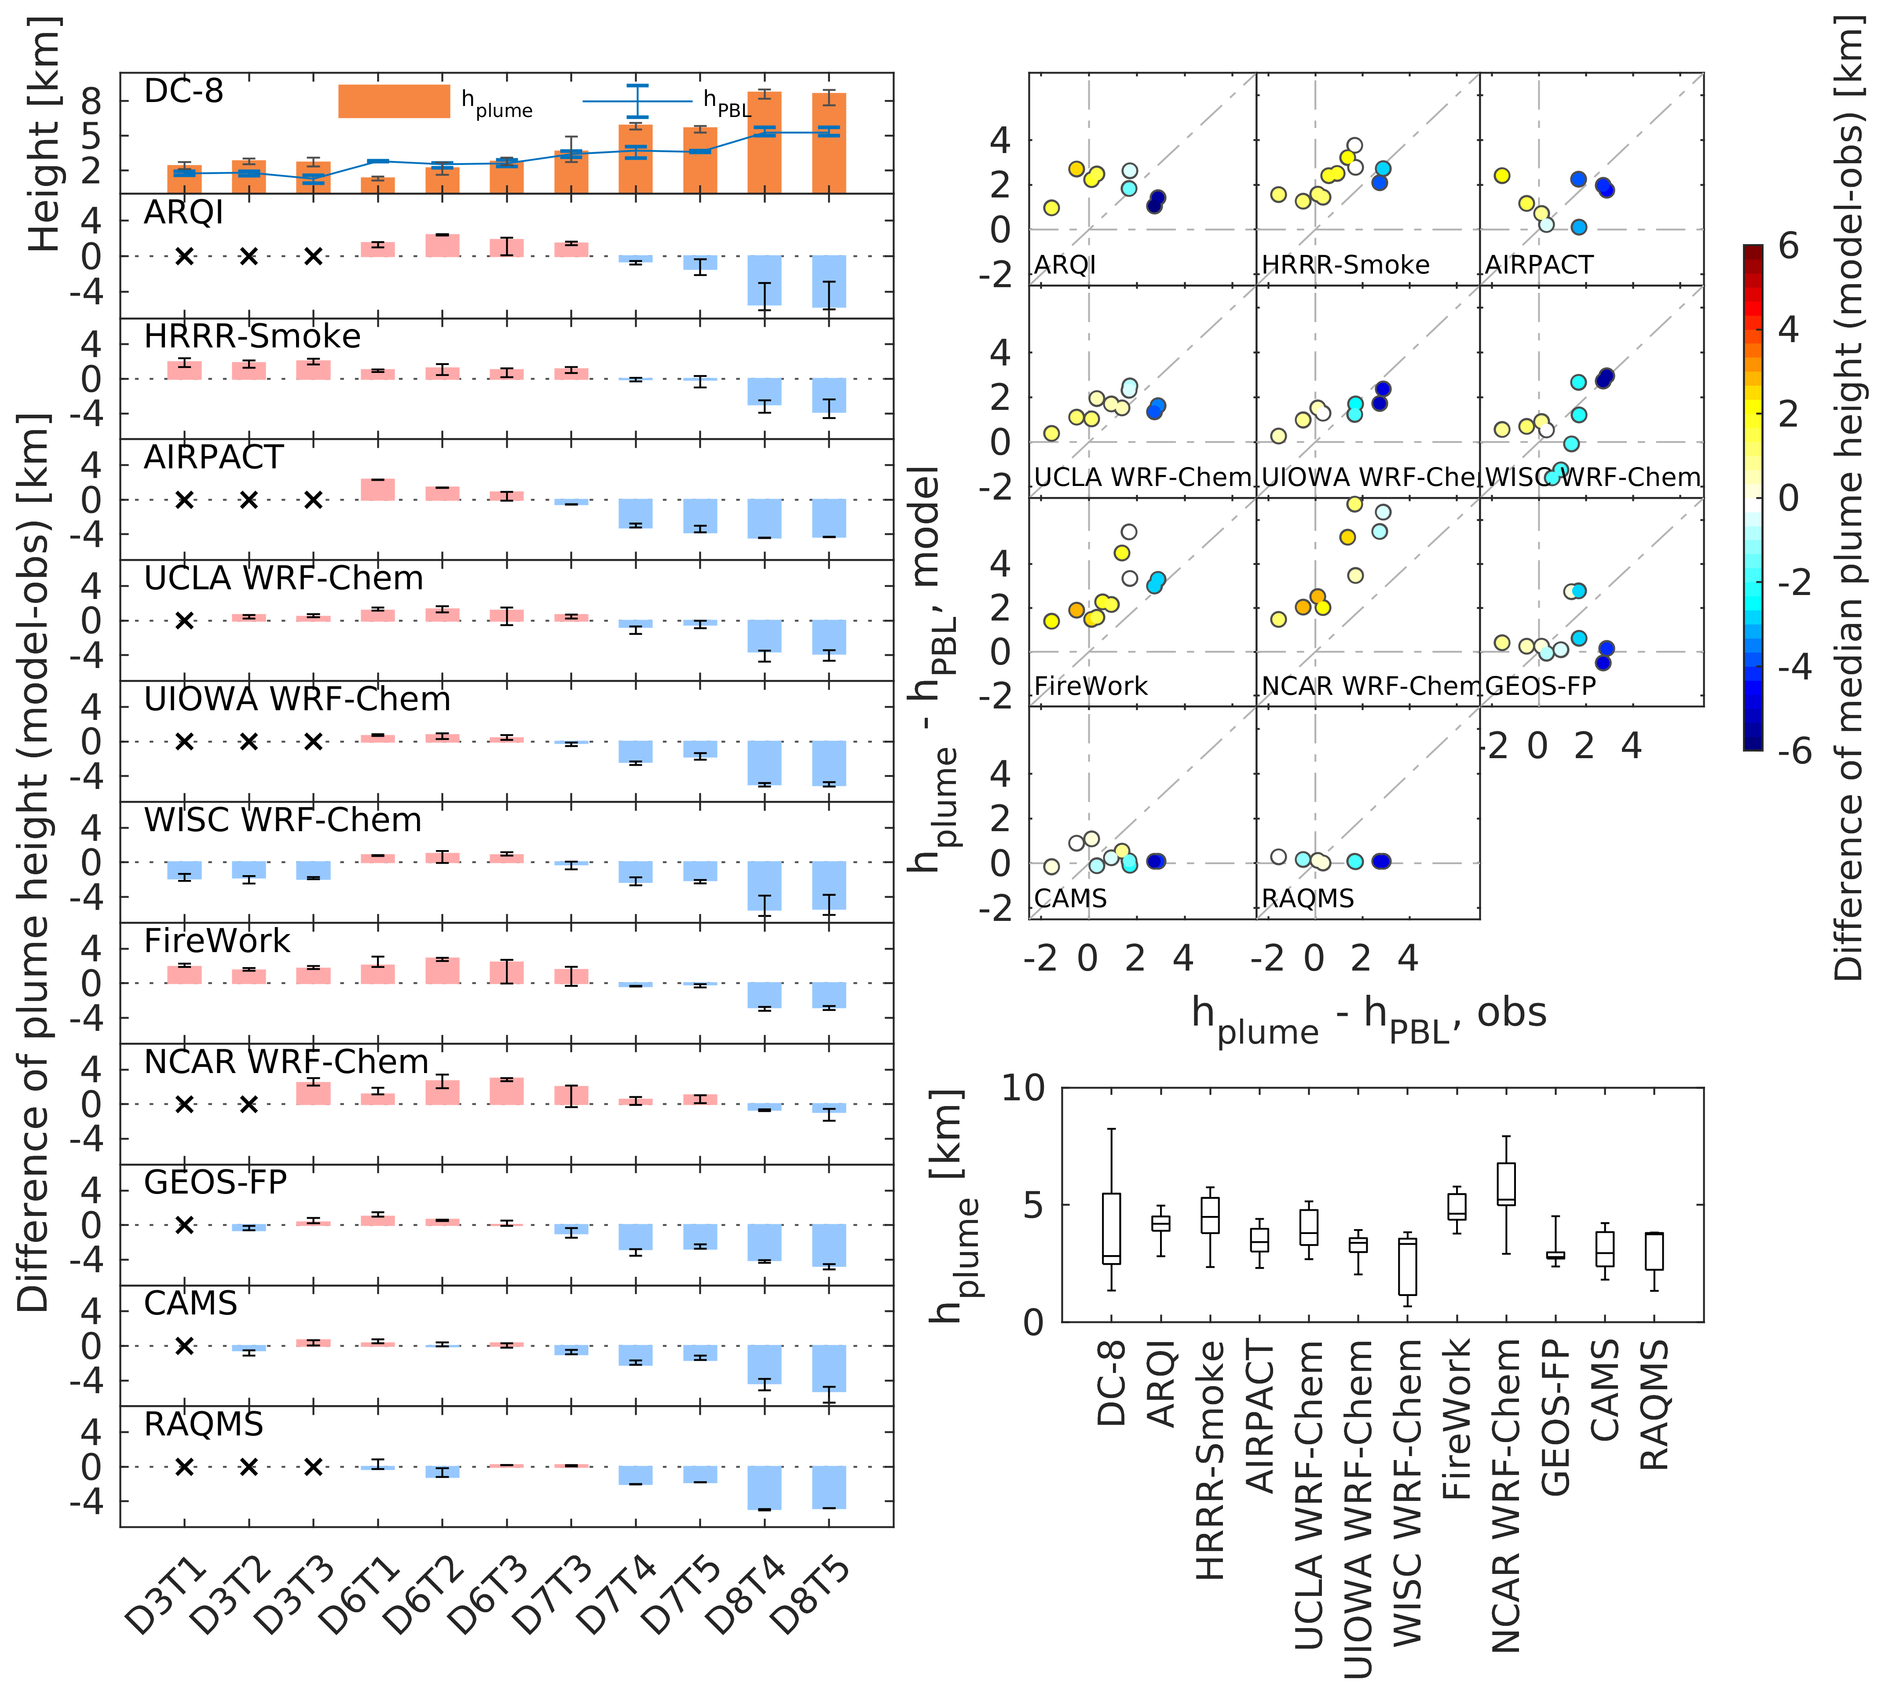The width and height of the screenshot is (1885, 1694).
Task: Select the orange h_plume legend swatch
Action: (x=394, y=102)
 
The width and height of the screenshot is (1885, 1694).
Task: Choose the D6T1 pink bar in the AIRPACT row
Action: (x=378, y=489)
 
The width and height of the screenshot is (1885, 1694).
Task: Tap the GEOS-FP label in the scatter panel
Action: (x=1540, y=686)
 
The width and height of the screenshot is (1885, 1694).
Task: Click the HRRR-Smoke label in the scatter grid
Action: (x=1345, y=265)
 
